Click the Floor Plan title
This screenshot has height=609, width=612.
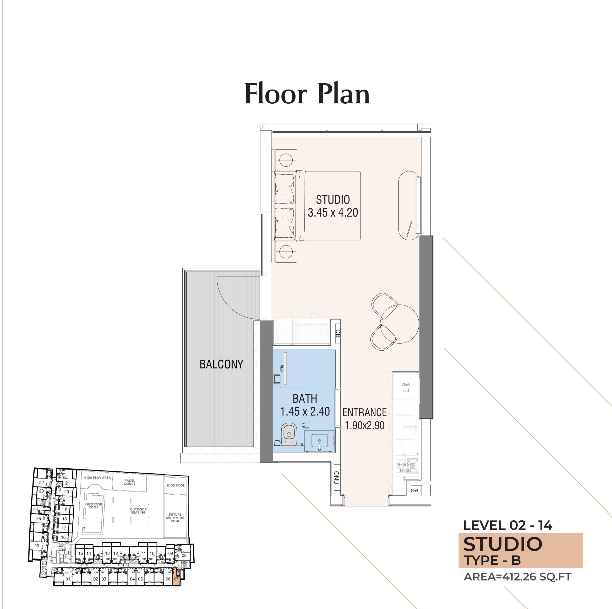307,94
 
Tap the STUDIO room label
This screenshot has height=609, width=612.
333,200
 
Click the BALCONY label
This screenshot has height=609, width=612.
221,364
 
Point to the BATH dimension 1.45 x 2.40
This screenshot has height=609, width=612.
305,411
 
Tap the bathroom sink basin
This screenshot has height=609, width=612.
319,440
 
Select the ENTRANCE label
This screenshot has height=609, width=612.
364,412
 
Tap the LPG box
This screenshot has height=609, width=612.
415,491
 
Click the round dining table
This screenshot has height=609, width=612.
400,324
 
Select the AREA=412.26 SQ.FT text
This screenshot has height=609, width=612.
517,577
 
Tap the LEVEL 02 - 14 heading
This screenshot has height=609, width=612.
508,526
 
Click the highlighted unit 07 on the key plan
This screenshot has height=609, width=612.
176,579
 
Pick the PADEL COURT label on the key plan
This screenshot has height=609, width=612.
130,482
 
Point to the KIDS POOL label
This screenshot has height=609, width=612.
175,485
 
